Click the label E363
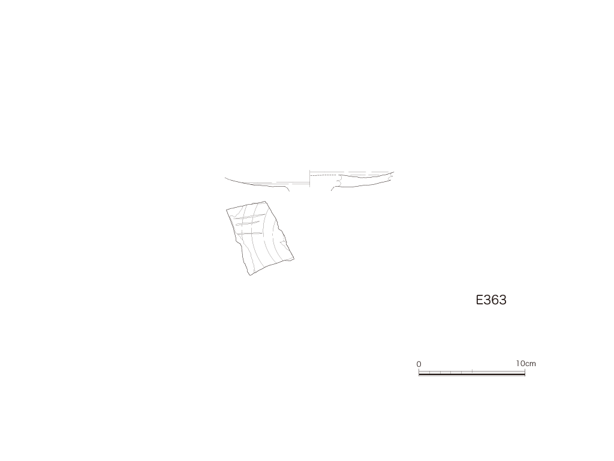[x=491, y=300]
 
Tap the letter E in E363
[x=480, y=300]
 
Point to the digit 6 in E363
[x=495, y=300]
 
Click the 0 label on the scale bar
[x=419, y=364]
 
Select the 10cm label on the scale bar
[x=525, y=363]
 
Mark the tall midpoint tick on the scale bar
[x=472, y=371]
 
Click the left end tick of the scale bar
[x=419, y=372]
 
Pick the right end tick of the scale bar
[x=525, y=372]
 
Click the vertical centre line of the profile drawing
[x=310, y=179]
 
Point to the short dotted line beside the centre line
[x=323, y=175]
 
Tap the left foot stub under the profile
[x=287, y=188]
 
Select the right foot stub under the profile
[x=333, y=188]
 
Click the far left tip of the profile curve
[x=225, y=178]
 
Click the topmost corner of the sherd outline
[x=266, y=202]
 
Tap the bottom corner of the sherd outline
[x=250, y=275]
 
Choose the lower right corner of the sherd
[x=294, y=259]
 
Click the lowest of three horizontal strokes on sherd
[x=251, y=234]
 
